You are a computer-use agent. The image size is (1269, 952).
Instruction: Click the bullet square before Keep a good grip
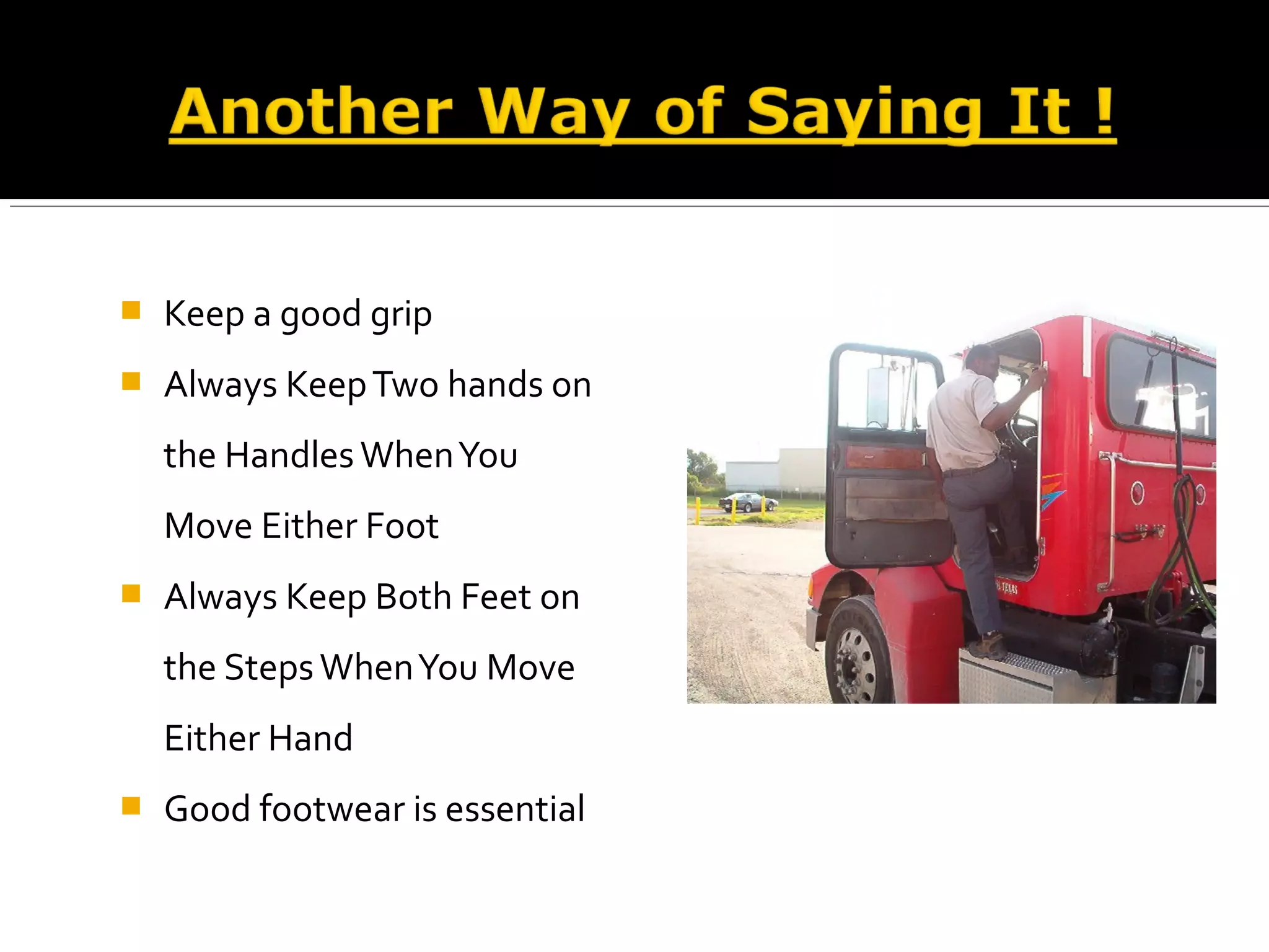coord(131,310)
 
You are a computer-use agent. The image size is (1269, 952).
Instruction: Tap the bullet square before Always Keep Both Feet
coord(131,593)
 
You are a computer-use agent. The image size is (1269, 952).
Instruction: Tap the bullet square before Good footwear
coord(131,806)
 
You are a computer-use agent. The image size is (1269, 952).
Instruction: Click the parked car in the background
coord(748,501)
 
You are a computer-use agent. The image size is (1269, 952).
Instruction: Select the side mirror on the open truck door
coord(877,394)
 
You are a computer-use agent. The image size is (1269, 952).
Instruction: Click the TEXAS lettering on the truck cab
coord(1007,586)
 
